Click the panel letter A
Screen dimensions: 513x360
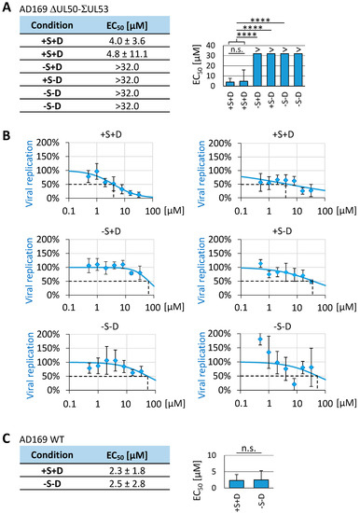7,7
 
